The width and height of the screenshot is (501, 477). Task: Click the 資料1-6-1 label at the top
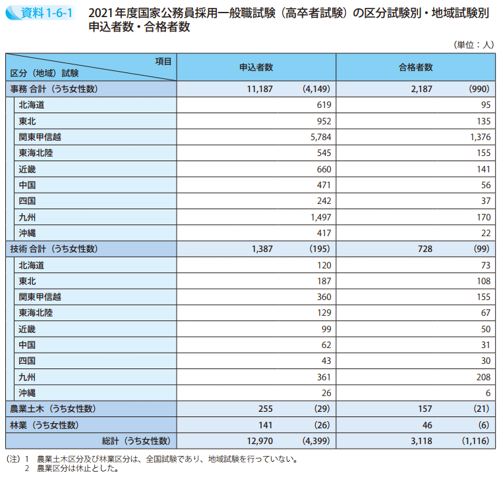(x=42, y=13)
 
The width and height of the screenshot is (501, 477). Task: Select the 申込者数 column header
(x=256, y=67)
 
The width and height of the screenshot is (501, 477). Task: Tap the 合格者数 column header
(x=415, y=67)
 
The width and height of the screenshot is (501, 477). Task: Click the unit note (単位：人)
(x=473, y=45)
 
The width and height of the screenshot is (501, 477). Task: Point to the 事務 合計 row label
(x=54, y=89)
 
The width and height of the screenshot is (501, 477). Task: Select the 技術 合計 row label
(x=54, y=249)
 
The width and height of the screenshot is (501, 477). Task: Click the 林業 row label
(x=44, y=425)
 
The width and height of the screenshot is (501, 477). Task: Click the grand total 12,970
(x=259, y=441)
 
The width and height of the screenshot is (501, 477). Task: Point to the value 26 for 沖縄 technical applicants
(x=325, y=393)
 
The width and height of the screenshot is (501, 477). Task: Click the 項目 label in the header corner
(x=163, y=61)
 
